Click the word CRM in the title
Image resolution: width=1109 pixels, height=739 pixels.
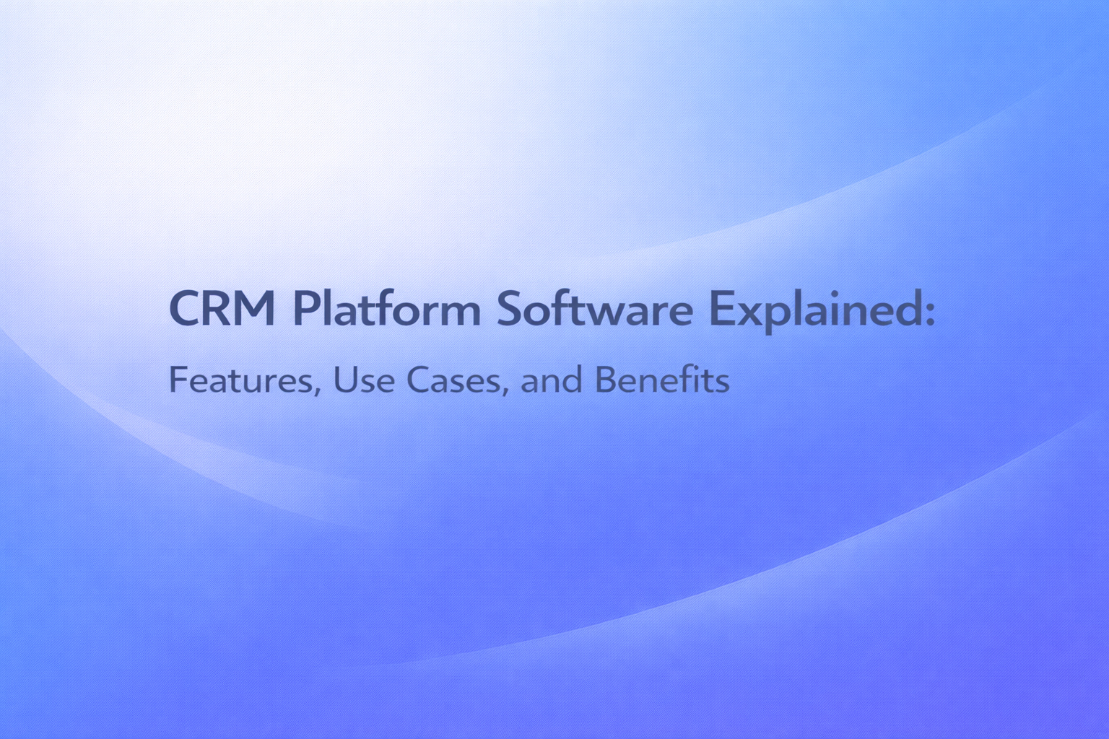point(222,309)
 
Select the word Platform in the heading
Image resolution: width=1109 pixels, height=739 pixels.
point(386,309)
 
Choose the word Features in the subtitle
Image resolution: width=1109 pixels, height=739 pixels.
point(241,380)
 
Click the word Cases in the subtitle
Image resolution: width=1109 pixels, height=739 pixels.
point(453,380)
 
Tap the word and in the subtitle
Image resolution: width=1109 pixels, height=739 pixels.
point(551,380)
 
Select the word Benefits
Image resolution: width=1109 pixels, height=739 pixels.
point(662,380)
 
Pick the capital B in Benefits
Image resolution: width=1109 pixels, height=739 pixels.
point(605,380)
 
